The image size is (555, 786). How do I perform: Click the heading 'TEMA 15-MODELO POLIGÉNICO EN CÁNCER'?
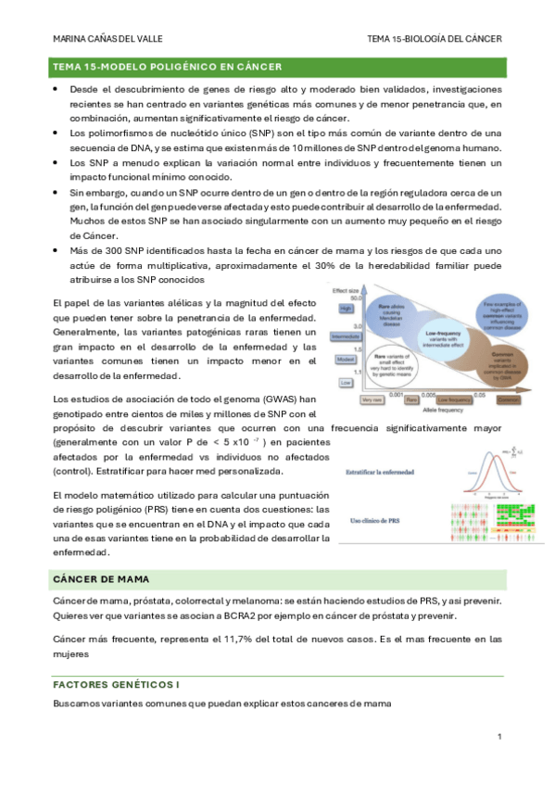(168, 67)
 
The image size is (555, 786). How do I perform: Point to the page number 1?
(498, 736)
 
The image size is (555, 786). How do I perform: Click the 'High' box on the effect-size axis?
(345, 308)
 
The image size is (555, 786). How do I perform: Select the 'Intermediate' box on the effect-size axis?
(344, 336)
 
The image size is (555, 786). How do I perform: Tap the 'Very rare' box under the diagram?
(372, 400)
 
